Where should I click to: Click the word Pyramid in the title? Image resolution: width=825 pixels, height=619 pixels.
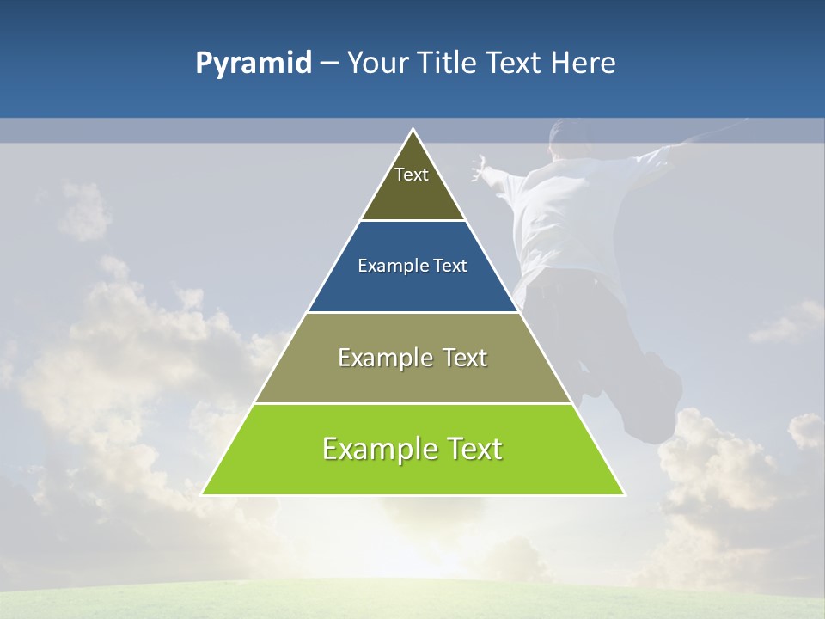(253, 64)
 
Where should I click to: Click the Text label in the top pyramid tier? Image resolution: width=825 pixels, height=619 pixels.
(412, 175)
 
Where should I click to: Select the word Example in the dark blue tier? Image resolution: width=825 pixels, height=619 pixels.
(386, 267)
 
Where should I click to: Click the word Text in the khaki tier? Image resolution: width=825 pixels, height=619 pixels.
(465, 358)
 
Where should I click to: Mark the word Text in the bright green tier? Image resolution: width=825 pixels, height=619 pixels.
(474, 449)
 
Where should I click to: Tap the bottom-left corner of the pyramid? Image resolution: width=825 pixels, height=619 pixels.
(204, 493)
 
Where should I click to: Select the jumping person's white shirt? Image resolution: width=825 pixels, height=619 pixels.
(567, 215)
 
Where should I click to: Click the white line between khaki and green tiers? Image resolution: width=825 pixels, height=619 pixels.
(412, 403)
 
